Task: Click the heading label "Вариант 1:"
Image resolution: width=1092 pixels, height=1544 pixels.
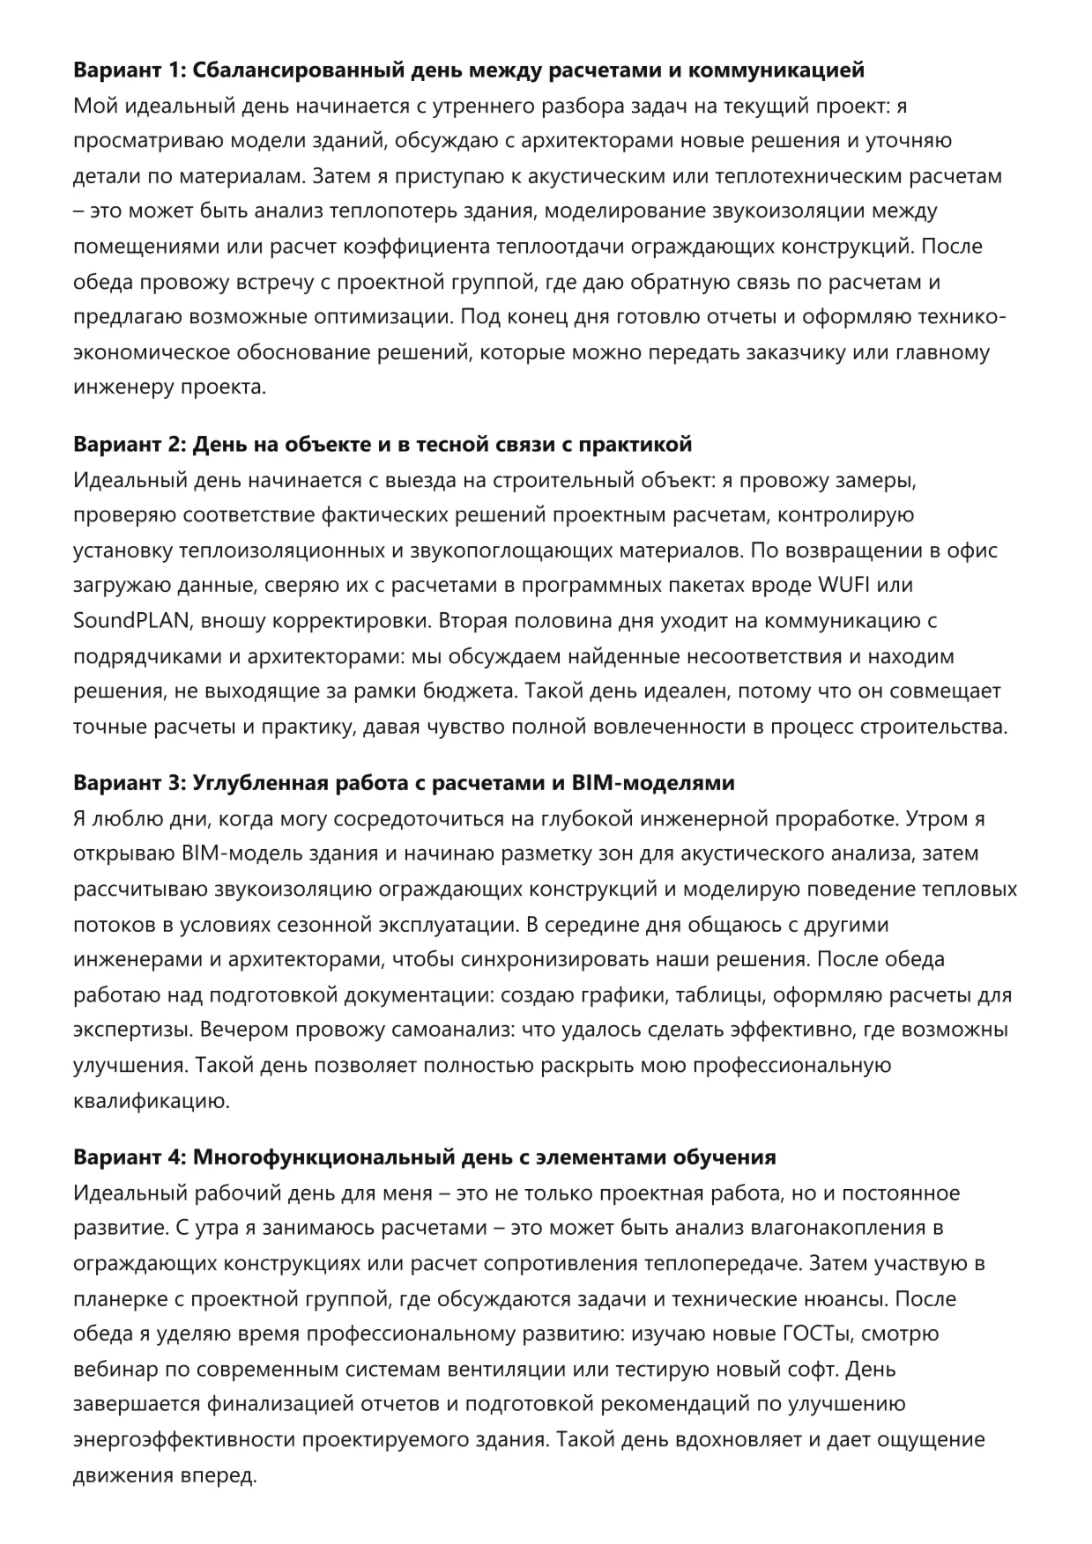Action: click(129, 70)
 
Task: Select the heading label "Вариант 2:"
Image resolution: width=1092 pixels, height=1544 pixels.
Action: click(129, 445)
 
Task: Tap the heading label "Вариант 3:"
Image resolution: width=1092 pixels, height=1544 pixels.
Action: click(129, 783)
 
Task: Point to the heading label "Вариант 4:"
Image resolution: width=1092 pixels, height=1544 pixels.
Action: click(129, 1157)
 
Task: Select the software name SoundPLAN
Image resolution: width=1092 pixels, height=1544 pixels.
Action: click(130, 621)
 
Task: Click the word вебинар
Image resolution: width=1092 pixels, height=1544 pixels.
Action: click(115, 1370)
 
